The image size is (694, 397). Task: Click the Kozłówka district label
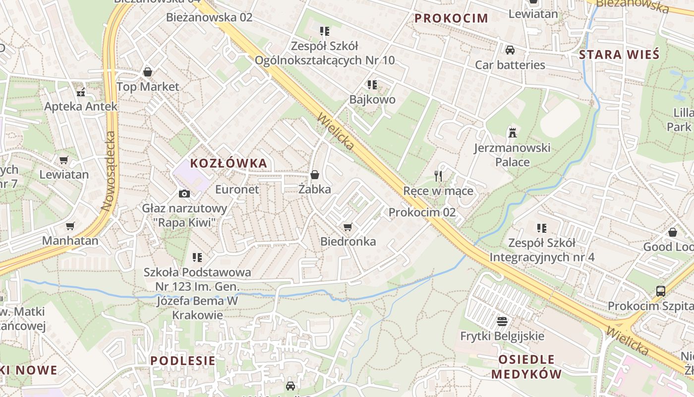tap(229, 163)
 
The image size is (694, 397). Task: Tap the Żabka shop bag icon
tap(314, 175)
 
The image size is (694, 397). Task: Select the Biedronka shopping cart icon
tap(348, 227)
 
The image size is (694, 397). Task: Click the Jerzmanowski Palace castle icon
tap(512, 132)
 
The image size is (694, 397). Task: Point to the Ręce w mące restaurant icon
tap(438, 176)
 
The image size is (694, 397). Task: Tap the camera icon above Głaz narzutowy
tap(184, 194)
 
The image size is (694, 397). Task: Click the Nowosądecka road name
tap(108, 171)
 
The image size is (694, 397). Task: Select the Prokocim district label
tap(451, 18)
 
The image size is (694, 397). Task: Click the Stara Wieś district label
tap(619, 55)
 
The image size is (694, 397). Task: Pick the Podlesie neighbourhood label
tap(183, 361)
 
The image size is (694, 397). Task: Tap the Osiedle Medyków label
tap(526, 367)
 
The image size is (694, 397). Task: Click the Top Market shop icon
tap(147, 72)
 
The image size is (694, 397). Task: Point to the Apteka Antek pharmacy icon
tap(81, 92)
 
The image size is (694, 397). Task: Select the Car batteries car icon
tap(510, 50)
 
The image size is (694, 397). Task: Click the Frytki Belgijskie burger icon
tap(502, 321)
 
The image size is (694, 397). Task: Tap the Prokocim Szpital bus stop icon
tap(661, 291)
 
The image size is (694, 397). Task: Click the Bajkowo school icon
tap(372, 85)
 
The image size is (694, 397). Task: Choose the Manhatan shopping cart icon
tap(70, 226)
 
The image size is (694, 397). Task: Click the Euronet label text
tap(237, 189)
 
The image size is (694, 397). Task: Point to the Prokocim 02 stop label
tap(422, 212)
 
